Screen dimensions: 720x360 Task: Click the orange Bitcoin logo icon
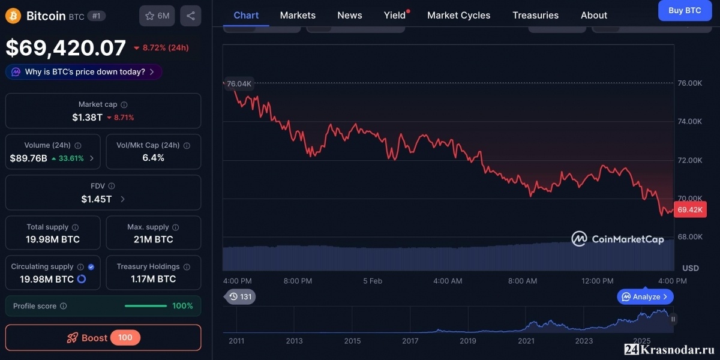13,16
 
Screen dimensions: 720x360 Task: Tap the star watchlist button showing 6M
157,16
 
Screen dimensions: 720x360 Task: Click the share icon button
191,16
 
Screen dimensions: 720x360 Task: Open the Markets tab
298,15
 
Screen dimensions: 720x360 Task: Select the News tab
350,15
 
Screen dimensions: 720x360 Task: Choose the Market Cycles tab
458,15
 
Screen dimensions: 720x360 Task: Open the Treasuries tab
535,15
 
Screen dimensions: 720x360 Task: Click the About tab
594,15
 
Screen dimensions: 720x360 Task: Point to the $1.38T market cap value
87,118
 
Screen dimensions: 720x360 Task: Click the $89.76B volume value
29,158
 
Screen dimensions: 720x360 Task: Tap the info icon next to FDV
112,186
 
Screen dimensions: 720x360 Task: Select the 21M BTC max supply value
154,239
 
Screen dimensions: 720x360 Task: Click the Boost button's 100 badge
125,337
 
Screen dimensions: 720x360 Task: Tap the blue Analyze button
645,296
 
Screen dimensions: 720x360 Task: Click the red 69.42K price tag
690,209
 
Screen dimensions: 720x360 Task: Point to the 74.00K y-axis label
690,121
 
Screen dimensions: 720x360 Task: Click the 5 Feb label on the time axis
373,281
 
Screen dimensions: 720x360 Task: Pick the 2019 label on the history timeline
467,341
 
